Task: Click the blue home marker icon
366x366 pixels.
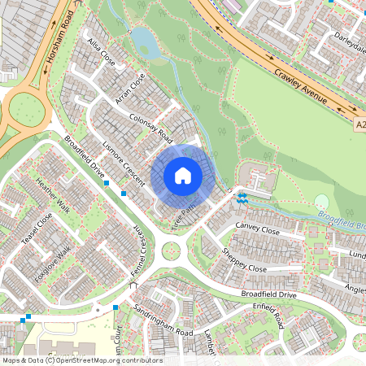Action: tap(183, 175)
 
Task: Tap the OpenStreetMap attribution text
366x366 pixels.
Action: tap(82, 360)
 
